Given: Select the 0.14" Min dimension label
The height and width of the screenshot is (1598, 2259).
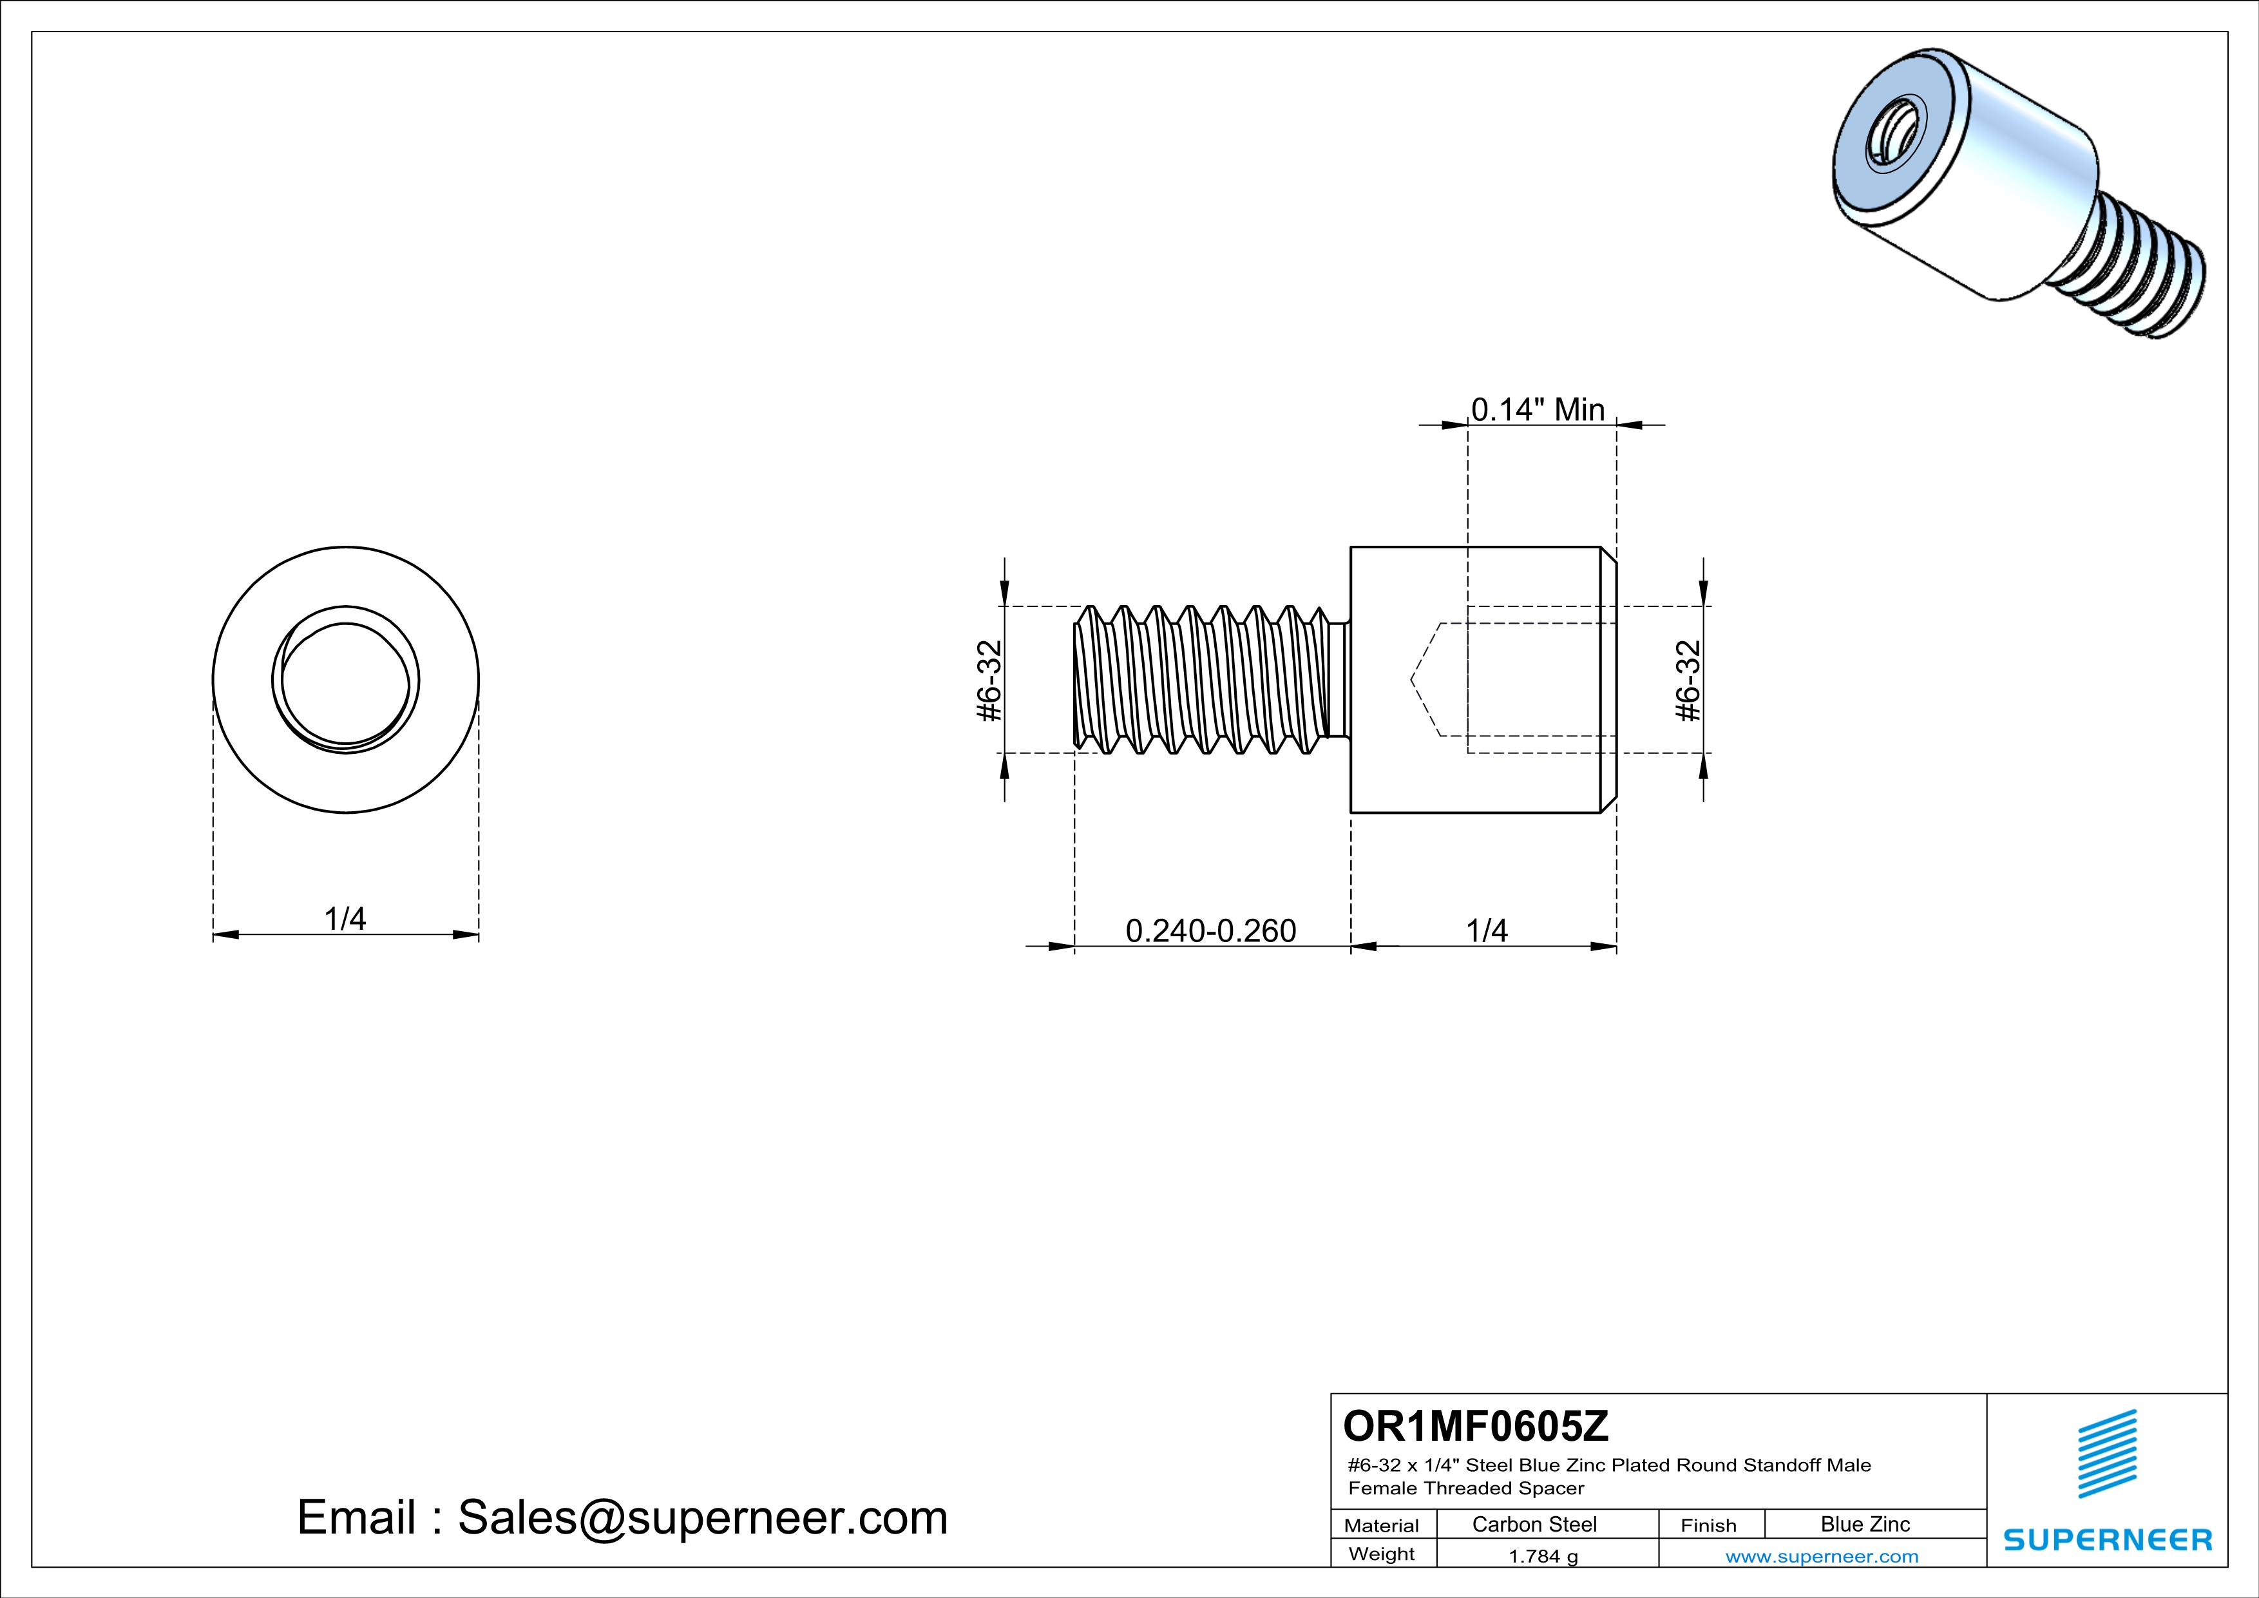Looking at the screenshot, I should click(x=1537, y=409).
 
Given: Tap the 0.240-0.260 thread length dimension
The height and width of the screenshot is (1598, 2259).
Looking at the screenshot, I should click(x=1210, y=930).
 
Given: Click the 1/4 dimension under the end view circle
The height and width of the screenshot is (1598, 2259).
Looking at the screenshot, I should click(x=345, y=918).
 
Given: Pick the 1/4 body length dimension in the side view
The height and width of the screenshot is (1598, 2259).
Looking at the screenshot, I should click(x=1485, y=930).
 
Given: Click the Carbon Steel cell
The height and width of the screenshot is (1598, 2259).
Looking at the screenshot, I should click(x=1534, y=1524).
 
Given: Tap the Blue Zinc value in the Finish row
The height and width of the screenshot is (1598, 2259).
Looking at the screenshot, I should click(x=1864, y=1524).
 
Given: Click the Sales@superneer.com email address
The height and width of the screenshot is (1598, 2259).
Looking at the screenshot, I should click(x=703, y=1517).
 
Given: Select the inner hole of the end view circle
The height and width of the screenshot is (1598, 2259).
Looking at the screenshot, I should click(x=345, y=681).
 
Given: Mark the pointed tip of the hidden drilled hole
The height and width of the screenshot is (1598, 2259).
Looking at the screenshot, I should click(x=1413, y=680).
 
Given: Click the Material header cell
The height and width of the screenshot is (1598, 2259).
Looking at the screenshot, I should click(x=1382, y=1525).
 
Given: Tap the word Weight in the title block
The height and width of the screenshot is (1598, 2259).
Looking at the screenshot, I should click(x=1382, y=1554).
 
